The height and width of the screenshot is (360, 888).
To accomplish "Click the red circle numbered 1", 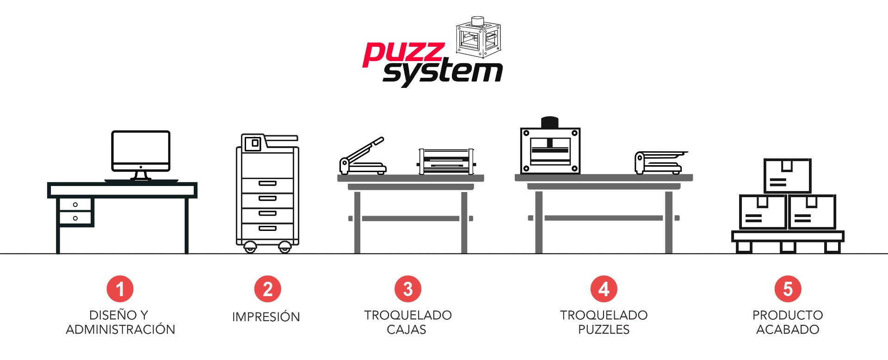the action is click(120, 289).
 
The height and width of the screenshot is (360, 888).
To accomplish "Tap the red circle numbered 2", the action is click(268, 289).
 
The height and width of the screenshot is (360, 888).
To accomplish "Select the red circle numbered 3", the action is click(408, 289).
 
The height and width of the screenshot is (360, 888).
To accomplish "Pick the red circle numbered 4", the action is click(604, 289).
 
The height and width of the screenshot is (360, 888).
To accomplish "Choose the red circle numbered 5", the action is click(788, 289).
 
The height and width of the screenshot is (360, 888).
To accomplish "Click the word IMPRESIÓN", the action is click(266, 317).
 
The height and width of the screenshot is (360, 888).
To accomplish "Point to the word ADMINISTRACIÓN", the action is click(120, 329).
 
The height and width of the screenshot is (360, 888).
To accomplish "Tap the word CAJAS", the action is click(407, 329).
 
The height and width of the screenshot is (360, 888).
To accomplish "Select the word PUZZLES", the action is click(604, 329).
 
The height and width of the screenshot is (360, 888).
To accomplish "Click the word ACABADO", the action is click(788, 329).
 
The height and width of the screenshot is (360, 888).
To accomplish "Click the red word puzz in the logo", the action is click(404, 54).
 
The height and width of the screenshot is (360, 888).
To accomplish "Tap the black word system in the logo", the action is click(443, 73).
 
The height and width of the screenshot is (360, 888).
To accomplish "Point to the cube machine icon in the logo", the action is click(478, 37).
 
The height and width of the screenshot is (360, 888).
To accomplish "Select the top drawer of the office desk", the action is click(75, 205).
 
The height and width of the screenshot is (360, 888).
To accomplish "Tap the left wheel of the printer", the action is click(250, 247).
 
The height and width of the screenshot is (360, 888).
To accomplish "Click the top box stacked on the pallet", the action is click(787, 176).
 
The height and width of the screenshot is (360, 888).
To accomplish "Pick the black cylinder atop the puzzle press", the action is click(550, 122).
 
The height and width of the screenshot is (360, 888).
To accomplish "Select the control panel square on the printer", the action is click(253, 143).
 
